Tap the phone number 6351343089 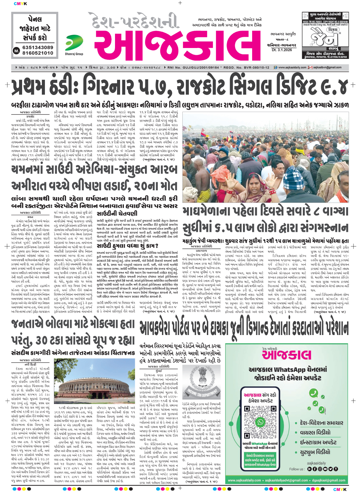pos(37,47)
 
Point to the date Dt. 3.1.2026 pos(281,50)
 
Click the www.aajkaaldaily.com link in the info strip pos(292,67)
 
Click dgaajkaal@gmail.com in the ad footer pos(324,480)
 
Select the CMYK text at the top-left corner pos(20,4)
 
